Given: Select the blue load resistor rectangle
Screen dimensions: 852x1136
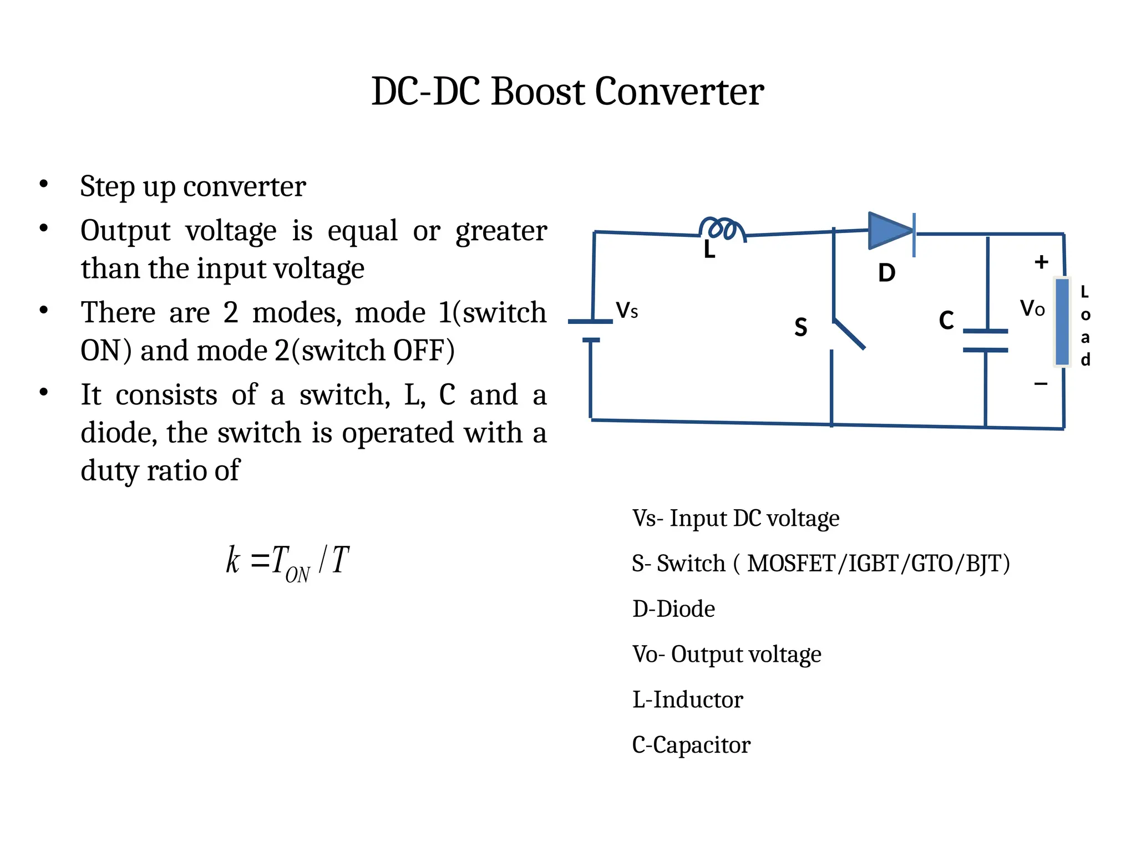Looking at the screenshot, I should tap(1062, 322).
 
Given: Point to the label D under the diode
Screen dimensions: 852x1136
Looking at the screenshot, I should tap(886, 273).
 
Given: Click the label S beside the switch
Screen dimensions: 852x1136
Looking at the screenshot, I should tap(800, 327).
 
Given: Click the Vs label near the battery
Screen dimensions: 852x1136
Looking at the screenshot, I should tap(627, 311).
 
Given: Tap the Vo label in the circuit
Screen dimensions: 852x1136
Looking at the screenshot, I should tap(1032, 308).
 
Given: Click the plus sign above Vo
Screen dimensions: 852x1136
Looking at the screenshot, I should tap(1041, 262).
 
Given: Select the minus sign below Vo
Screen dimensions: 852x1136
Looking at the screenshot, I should tap(1041, 384).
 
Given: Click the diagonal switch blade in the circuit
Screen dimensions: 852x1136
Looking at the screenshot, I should tap(849, 334).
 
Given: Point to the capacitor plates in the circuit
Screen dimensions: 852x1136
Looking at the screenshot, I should tap(985, 341).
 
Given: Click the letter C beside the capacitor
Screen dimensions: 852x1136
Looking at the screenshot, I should tap(946, 321).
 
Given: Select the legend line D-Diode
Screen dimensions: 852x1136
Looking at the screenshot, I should tap(673, 609).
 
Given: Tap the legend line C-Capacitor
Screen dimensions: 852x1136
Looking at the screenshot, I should tap(691, 745).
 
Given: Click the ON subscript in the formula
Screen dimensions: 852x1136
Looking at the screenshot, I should tap(297, 575).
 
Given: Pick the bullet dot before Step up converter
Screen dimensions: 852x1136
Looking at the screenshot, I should tap(44, 184).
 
